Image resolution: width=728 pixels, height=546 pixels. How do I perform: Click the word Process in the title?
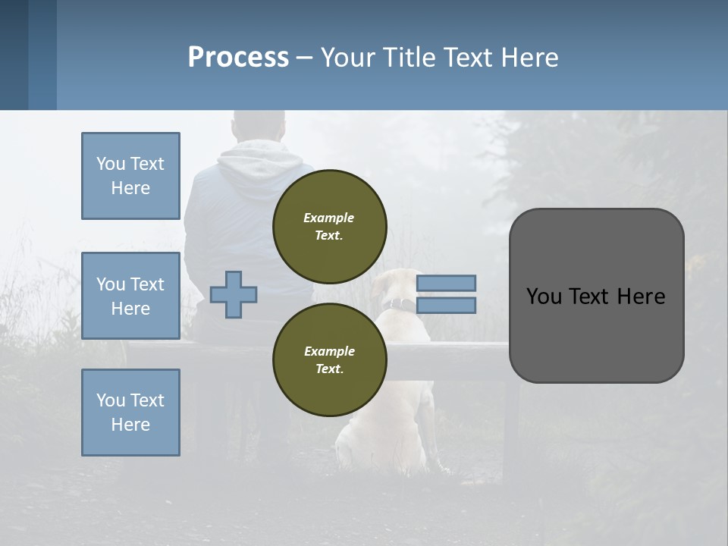238,58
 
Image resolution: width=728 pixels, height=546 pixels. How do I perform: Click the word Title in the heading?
410,58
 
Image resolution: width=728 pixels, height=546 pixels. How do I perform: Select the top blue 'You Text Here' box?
130,176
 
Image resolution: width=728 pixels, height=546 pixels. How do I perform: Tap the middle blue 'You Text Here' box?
130,296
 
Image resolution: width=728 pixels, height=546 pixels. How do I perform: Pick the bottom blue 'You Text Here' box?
130,412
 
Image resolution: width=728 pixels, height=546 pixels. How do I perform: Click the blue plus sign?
234,293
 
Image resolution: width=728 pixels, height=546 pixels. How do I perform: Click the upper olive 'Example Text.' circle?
329,227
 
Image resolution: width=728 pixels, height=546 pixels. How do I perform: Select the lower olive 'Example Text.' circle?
329,360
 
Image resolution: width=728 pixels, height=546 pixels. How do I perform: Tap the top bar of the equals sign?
446,283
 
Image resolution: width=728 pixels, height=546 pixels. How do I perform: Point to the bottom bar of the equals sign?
446,305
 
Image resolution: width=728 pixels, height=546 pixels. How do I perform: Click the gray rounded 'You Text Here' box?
596,296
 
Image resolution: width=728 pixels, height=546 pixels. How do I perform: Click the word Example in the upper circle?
329,218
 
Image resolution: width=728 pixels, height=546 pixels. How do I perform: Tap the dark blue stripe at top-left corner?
14,55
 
